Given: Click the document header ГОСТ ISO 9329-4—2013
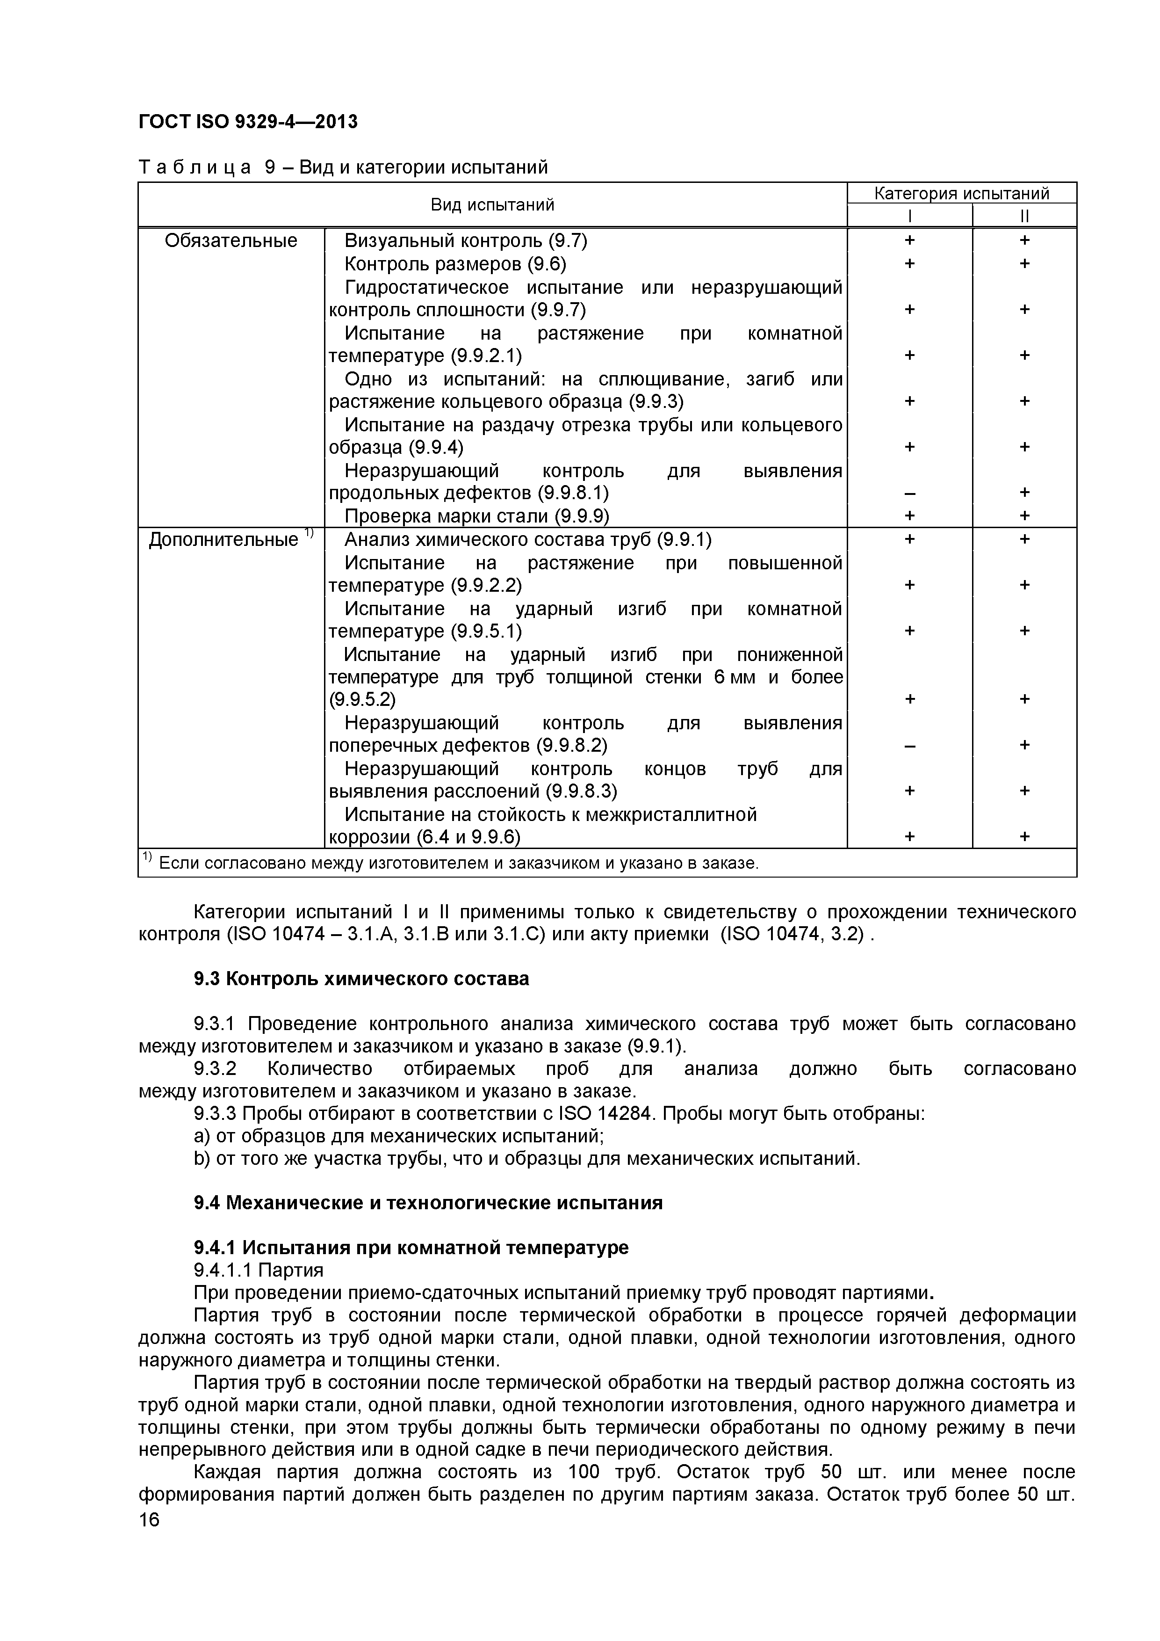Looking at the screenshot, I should [x=247, y=122].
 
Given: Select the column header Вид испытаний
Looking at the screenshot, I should [x=492, y=205].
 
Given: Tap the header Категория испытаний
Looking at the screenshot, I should [x=961, y=193].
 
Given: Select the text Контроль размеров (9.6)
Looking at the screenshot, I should [x=455, y=264].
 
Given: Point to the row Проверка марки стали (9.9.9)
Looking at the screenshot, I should [x=476, y=516].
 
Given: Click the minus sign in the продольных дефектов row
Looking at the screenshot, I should [x=909, y=493].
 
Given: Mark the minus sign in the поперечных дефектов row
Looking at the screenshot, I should [x=909, y=746].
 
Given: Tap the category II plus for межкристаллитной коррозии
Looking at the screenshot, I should [x=1024, y=836].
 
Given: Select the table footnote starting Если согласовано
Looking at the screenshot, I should [x=457, y=864].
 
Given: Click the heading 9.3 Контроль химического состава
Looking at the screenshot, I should [x=361, y=979].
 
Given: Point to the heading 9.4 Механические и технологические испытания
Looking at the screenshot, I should [x=428, y=1203].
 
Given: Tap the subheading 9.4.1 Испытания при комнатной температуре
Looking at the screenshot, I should [x=411, y=1247].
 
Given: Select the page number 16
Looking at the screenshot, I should [x=149, y=1539].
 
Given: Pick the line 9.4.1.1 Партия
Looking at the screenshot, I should [x=259, y=1270].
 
